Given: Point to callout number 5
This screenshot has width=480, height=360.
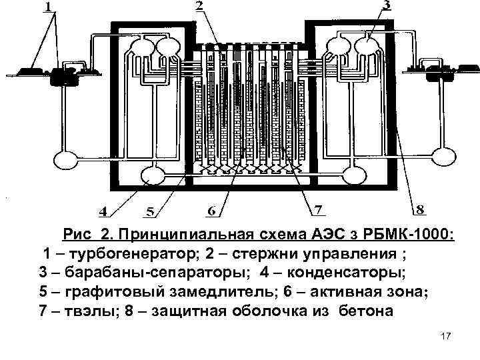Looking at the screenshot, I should pos(151,212).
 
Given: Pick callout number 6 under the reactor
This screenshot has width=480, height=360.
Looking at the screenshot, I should pos(211,211).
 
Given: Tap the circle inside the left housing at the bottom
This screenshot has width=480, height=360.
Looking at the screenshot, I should pos(153,175).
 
